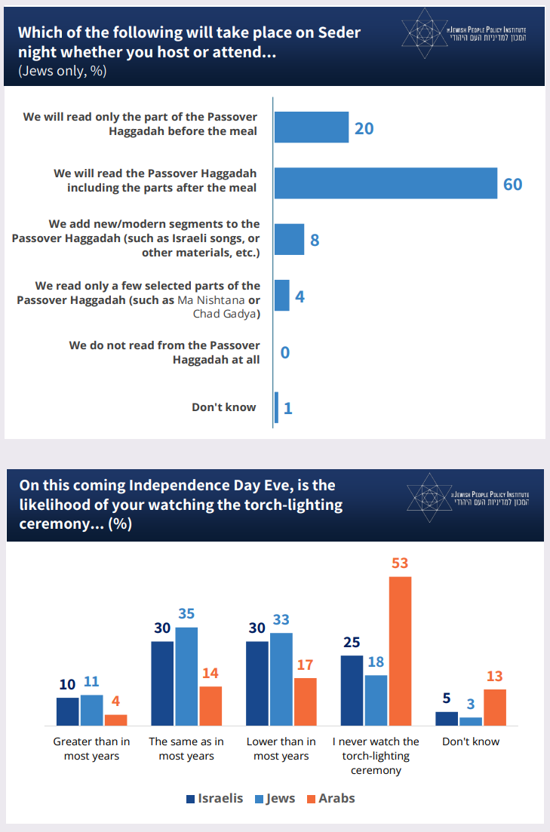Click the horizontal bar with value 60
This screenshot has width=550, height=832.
[x=386, y=183]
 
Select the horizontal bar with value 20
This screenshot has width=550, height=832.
[x=311, y=127]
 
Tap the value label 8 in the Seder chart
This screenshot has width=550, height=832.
[x=315, y=241]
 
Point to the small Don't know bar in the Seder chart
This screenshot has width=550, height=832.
[x=276, y=407]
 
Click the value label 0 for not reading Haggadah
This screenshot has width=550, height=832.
[x=285, y=352]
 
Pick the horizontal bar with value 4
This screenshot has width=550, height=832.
[x=281, y=296]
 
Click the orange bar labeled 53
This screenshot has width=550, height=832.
[x=400, y=650]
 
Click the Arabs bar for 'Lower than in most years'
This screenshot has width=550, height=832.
[x=306, y=702]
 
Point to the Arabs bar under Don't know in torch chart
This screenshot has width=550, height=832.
[x=494, y=707]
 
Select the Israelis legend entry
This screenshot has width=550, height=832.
[x=215, y=798]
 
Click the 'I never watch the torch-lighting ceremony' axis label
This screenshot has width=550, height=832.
[x=376, y=756]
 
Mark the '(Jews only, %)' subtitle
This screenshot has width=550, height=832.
[x=62, y=72]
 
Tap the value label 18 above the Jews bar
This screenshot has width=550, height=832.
[x=376, y=662]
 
